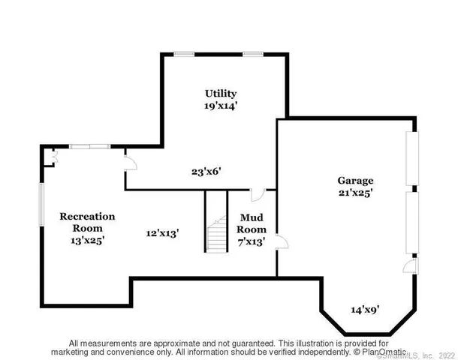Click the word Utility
pyautogui.click(x=221, y=93)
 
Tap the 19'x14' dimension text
pyautogui.click(x=221, y=106)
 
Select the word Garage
pyautogui.click(x=355, y=181)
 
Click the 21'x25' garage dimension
pyautogui.click(x=355, y=193)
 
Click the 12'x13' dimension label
pyautogui.click(x=162, y=233)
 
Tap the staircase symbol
pyautogui.click(x=215, y=222)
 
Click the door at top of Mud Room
pyautogui.click(x=257, y=195)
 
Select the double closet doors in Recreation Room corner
pyautogui.click(x=50, y=156)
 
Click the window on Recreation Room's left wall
pyautogui.click(x=41, y=203)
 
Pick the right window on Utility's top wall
pyautogui.click(x=253, y=53)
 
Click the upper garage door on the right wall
pyautogui.click(x=410, y=158)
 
